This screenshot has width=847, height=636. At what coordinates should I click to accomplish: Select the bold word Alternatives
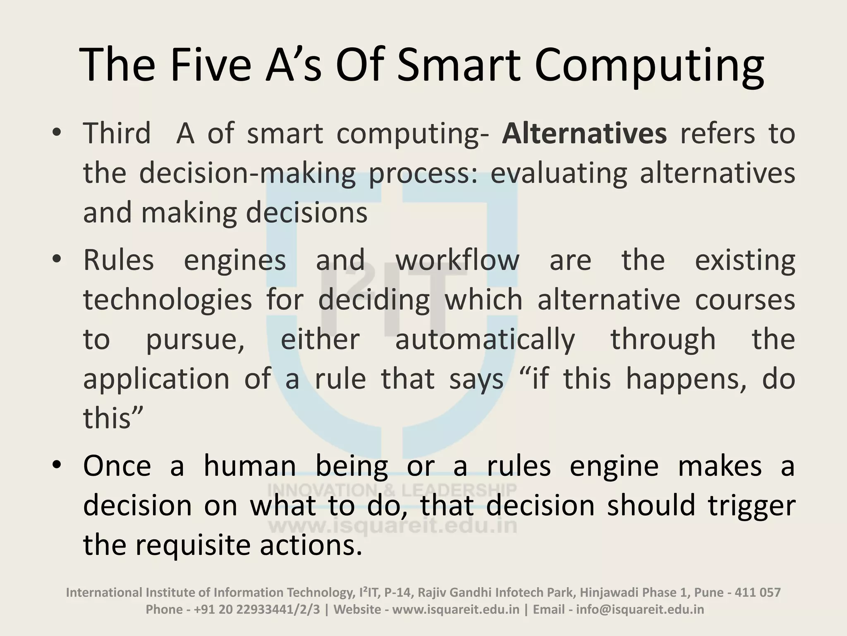[584, 134]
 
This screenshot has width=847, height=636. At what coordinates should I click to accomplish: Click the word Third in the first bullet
[117, 134]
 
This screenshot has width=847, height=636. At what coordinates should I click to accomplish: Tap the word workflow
[457, 260]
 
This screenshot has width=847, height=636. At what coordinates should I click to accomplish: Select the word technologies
[167, 300]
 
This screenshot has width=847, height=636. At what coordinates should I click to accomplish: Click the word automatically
[485, 339]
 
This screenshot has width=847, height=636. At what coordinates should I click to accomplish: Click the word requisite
[193, 545]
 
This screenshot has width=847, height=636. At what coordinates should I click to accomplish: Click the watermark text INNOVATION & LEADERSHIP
[392, 490]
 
